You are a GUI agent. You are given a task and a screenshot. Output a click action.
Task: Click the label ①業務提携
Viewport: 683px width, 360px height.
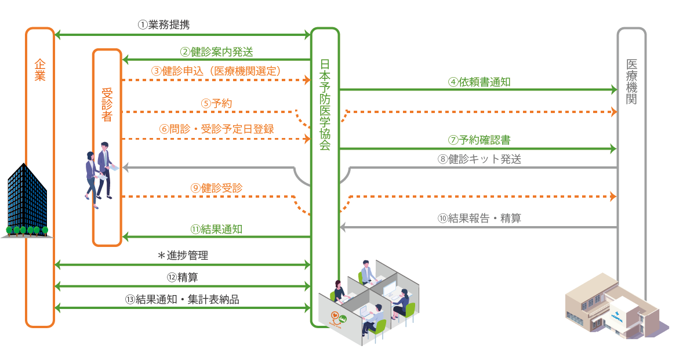click(x=164, y=25)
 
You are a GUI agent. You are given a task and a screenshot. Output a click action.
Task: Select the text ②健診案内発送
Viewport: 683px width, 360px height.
click(x=216, y=52)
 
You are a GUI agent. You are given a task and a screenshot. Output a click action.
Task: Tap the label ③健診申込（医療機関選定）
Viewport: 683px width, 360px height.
click(x=217, y=71)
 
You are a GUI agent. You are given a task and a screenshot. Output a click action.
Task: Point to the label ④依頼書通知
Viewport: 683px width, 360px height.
click(x=479, y=82)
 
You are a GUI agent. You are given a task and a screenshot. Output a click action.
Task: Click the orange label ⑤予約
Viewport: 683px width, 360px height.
click(x=217, y=104)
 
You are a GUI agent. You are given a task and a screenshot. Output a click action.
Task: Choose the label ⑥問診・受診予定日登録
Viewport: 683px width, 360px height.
click(x=216, y=129)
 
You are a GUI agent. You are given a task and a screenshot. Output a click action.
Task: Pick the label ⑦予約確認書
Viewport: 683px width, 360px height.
click(x=479, y=140)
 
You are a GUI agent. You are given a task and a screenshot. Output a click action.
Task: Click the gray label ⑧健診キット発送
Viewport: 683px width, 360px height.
click(x=479, y=159)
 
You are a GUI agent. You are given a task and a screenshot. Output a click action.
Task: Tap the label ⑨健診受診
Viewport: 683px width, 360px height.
click(x=216, y=188)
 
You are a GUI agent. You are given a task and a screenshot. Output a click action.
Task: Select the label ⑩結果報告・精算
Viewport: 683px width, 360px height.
click(x=479, y=219)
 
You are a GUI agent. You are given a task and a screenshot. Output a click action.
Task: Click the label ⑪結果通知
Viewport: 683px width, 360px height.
click(x=216, y=228)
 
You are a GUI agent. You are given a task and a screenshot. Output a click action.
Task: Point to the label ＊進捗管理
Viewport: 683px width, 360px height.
click(x=183, y=256)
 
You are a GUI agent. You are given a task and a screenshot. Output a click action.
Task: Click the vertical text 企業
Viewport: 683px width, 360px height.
click(x=39, y=70)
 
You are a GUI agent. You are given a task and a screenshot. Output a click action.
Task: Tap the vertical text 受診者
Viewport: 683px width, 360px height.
click(x=107, y=104)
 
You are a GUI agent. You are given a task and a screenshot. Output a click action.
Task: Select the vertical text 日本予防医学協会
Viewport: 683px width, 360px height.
click(x=325, y=104)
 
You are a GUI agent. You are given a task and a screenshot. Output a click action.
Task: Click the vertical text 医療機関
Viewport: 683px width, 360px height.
click(x=631, y=81)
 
